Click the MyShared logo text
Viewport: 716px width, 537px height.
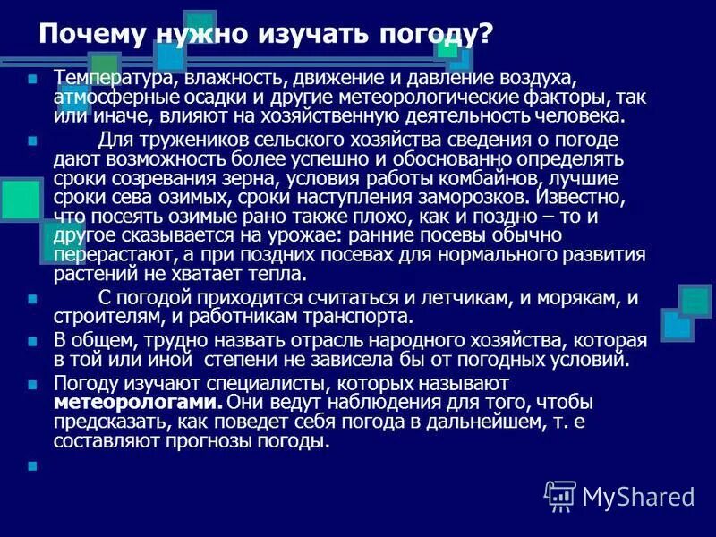coord(638,495)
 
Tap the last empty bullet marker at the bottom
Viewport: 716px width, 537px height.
coord(33,465)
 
